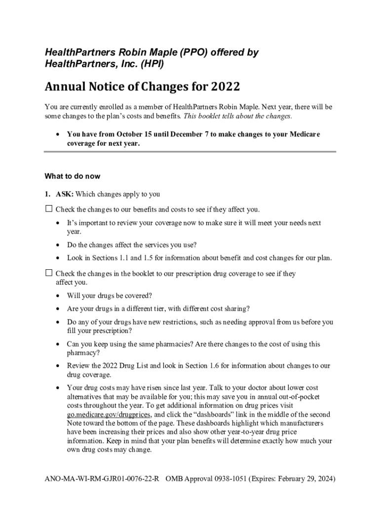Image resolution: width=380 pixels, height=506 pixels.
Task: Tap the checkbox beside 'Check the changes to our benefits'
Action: tap(49, 209)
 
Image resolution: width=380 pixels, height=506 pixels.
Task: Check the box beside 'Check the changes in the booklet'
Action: tap(49, 273)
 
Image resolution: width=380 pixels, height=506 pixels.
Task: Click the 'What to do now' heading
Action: tap(72, 176)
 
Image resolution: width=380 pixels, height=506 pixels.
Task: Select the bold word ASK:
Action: tap(65, 194)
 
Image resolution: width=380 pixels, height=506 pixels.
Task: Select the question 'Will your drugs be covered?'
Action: tap(110, 295)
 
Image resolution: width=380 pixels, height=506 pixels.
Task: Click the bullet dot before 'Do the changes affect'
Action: tap(59, 245)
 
